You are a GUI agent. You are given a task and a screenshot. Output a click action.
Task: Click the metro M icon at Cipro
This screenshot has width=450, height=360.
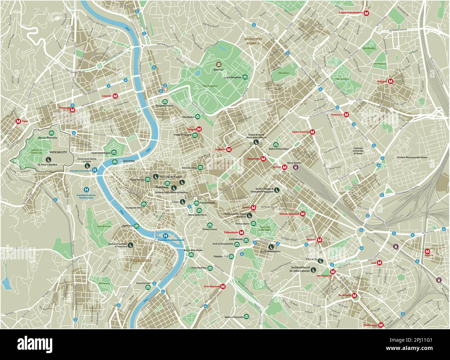pyautogui.click(x=18, y=121)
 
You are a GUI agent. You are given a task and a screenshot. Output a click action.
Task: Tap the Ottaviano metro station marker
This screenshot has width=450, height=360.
pyautogui.click(x=72, y=108)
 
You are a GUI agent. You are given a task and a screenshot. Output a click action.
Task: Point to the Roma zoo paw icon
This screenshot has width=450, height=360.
pyautogui.click(x=219, y=64)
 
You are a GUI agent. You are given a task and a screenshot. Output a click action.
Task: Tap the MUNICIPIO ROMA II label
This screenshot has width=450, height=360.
pyautogui.click(x=253, y=41)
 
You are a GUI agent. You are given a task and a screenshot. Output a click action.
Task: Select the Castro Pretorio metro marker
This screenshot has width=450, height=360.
pyautogui.click(x=312, y=132)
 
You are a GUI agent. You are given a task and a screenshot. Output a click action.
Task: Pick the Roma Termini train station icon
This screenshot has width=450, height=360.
pyautogui.click(x=295, y=167)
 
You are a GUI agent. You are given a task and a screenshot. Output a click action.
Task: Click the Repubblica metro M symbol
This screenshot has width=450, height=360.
pyautogui.click(x=263, y=159)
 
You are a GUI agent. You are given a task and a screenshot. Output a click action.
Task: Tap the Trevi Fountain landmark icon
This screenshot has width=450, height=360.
pyautogui.click(x=200, y=168)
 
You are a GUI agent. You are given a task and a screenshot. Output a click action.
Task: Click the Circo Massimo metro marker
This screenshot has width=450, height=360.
pyautogui.click(x=223, y=286)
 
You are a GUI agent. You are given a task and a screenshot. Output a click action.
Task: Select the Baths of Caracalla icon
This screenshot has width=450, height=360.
pyautogui.click(x=246, y=317)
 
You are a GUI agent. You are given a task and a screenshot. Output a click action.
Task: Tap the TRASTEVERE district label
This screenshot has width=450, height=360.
pyautogui.click(x=141, y=260)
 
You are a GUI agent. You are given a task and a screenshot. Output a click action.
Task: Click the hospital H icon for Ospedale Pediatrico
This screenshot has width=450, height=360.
pyautogui.click(x=86, y=190)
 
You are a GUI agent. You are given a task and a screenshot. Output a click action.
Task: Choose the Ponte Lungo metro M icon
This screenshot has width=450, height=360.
pyautogui.click(x=381, y=325)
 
